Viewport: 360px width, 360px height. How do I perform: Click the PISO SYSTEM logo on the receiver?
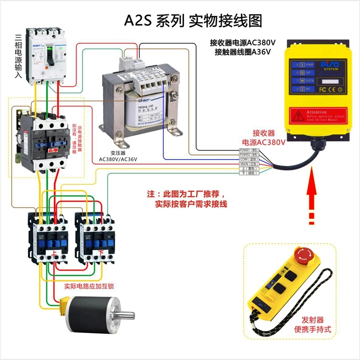333,66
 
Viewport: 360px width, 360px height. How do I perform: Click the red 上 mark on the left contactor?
54,253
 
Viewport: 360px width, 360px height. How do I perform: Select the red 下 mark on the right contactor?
101,253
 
